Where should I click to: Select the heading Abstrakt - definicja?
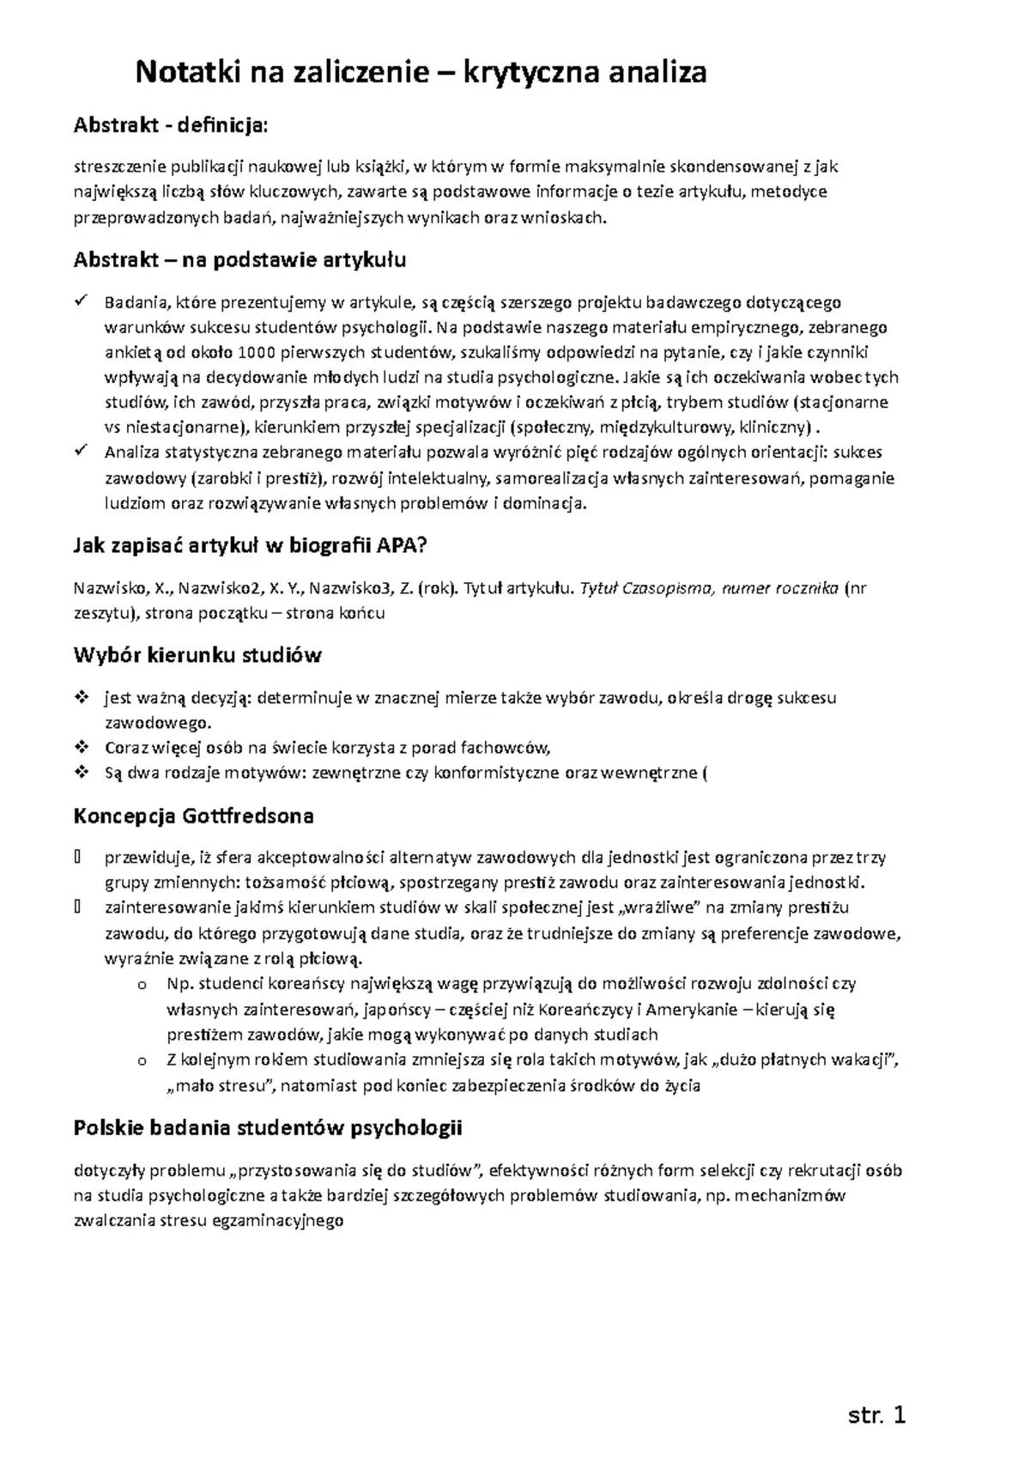(171, 126)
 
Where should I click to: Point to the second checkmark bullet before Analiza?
(82, 452)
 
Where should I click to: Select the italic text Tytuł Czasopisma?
(648, 588)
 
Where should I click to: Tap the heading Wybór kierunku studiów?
(197, 656)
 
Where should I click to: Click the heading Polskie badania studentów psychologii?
(268, 1127)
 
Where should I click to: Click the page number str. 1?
(876, 1415)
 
